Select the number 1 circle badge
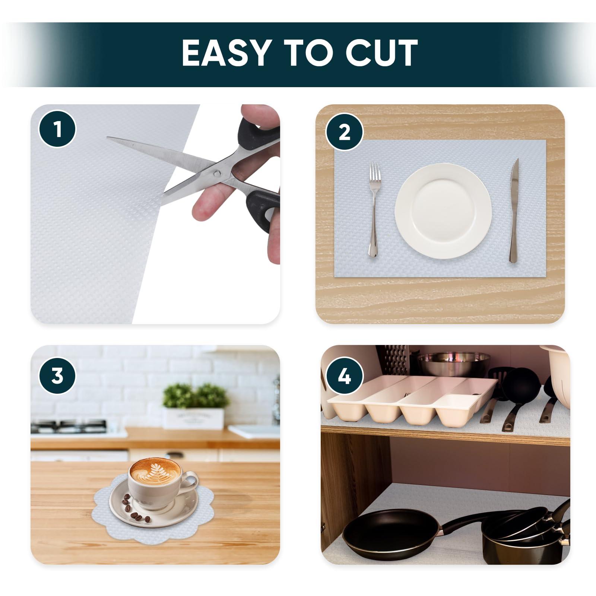coord(57,129)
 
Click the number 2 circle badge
coord(345,132)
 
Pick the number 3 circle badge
coord(57,376)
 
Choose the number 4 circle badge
coord(345,376)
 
